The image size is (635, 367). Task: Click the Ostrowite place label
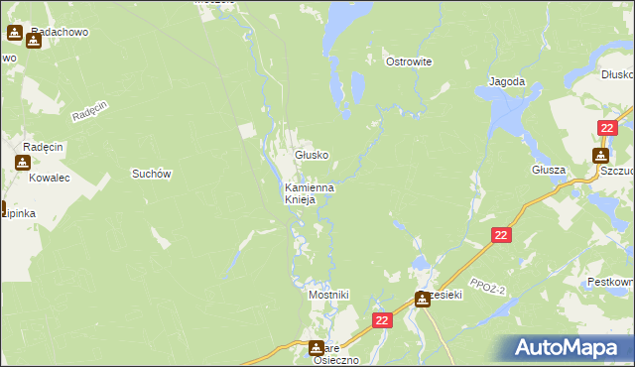[408, 61]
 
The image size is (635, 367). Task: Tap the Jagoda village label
[505, 81]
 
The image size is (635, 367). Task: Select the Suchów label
[153, 174]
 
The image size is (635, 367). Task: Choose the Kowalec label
[48, 180]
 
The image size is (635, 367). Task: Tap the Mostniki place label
[328, 295]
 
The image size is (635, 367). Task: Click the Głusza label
[548, 170]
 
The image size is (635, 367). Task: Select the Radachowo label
[60, 32]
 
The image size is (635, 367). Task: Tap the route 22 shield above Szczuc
[609, 128]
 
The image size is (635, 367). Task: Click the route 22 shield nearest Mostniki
[384, 320]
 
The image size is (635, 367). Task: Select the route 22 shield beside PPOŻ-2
[501, 235]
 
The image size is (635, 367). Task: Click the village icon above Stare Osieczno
[317, 347]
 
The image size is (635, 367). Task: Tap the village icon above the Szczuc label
[600, 155]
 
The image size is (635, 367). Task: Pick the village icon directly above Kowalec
[22, 163]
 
